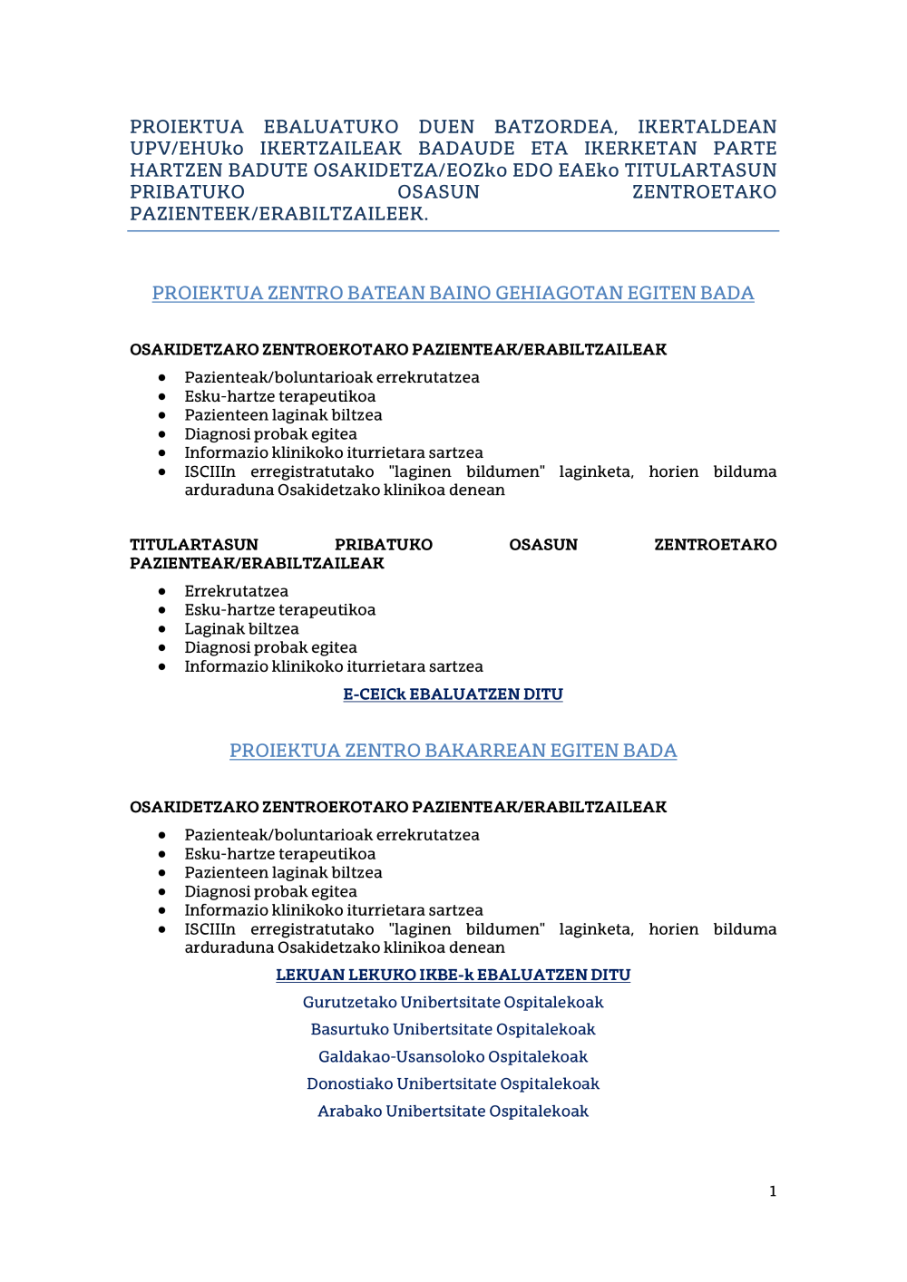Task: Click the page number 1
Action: (x=773, y=1191)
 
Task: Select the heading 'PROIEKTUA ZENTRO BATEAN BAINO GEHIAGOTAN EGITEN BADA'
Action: (x=453, y=293)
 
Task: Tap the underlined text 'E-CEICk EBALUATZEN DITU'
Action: (x=453, y=694)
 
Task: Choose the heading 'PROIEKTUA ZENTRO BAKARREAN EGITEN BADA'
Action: (x=453, y=751)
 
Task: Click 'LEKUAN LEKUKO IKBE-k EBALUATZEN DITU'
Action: (x=453, y=976)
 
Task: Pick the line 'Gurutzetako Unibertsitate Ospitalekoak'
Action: (x=453, y=1003)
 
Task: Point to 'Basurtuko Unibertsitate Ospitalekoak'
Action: (x=453, y=1030)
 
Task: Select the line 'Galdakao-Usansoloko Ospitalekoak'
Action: (x=453, y=1057)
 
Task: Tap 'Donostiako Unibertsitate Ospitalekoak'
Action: (x=453, y=1084)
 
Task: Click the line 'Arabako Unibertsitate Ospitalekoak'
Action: (x=453, y=1112)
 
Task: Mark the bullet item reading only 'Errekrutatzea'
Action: (x=236, y=591)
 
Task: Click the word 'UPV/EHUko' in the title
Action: (x=186, y=149)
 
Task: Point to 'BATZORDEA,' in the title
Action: (x=555, y=127)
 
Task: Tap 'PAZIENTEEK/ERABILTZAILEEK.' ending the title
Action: (x=278, y=214)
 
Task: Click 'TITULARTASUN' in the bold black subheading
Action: (x=194, y=545)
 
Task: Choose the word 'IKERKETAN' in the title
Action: (x=640, y=149)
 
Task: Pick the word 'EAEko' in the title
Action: (x=589, y=170)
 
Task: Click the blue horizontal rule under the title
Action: (x=453, y=231)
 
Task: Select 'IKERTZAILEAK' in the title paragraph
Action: (x=330, y=149)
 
